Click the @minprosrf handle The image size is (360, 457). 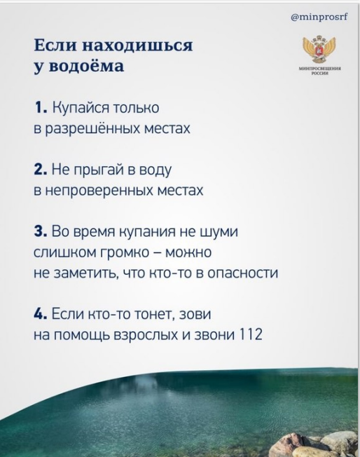(319, 18)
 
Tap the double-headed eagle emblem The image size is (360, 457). (319, 49)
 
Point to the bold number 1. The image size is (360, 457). (40, 107)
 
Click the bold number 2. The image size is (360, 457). (40, 169)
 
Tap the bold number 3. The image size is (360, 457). (40, 232)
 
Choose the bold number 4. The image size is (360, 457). (40, 315)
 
